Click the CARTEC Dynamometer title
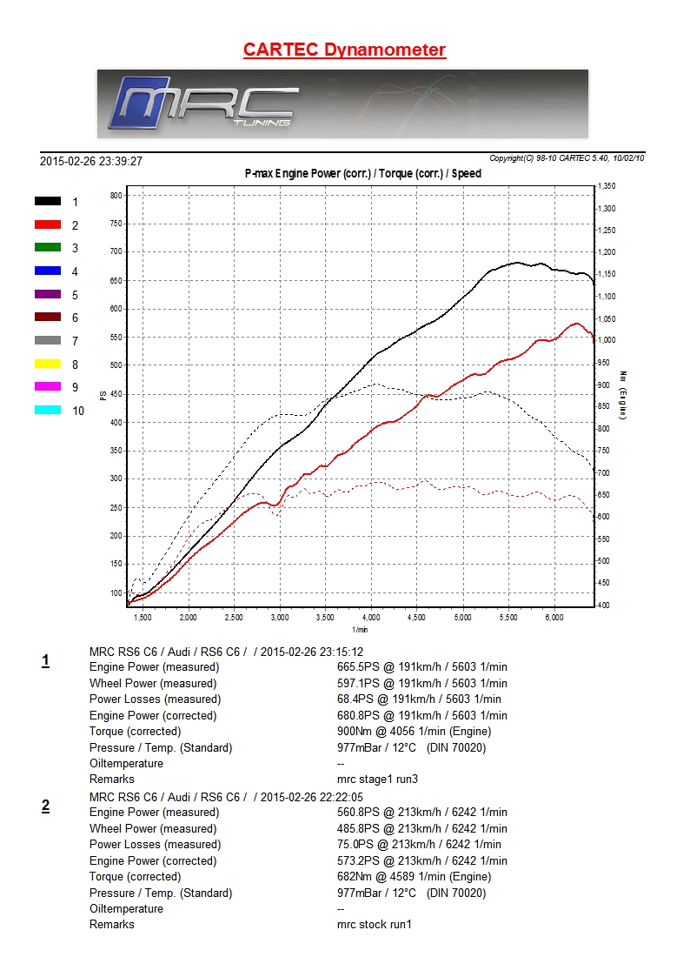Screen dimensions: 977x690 pyautogui.click(x=344, y=50)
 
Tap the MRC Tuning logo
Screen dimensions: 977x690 pyautogui.click(x=204, y=104)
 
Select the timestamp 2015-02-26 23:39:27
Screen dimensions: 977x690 pyautogui.click(x=91, y=161)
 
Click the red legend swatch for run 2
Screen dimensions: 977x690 pyautogui.click(x=48, y=224)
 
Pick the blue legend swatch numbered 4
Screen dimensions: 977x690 pyautogui.click(x=48, y=271)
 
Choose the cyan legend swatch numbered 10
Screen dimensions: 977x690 pyautogui.click(x=48, y=410)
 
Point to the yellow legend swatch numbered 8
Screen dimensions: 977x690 pyautogui.click(x=48, y=364)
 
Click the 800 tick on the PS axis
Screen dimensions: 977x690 pyautogui.click(x=116, y=196)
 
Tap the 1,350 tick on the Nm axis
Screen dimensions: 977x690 pyautogui.click(x=607, y=186)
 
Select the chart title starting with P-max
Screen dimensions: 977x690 pyautogui.click(x=363, y=173)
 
